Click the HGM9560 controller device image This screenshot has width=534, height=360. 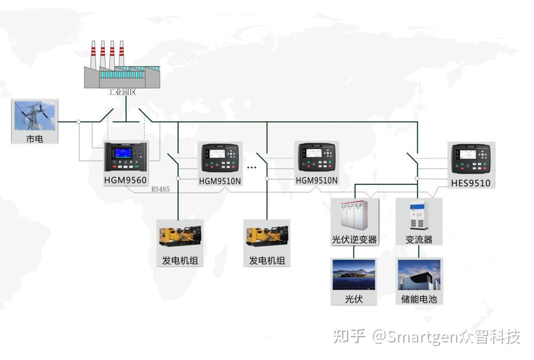pyautogui.click(x=125, y=156)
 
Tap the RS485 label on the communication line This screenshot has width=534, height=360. pyautogui.click(x=160, y=189)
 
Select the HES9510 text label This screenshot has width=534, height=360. pyautogui.click(x=471, y=183)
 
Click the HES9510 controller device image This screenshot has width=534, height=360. pyautogui.click(x=471, y=159)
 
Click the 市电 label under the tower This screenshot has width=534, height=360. pyautogui.click(x=35, y=139)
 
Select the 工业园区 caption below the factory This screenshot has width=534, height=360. pyautogui.click(x=121, y=92)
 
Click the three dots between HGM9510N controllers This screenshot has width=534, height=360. pyautogui.click(x=252, y=167)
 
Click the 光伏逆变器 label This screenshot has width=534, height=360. pyautogui.click(x=354, y=240)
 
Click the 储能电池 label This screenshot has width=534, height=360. pyautogui.click(x=419, y=299)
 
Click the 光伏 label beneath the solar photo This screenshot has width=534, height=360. pyautogui.click(x=354, y=299)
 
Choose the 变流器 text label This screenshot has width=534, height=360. pyautogui.click(x=419, y=240)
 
